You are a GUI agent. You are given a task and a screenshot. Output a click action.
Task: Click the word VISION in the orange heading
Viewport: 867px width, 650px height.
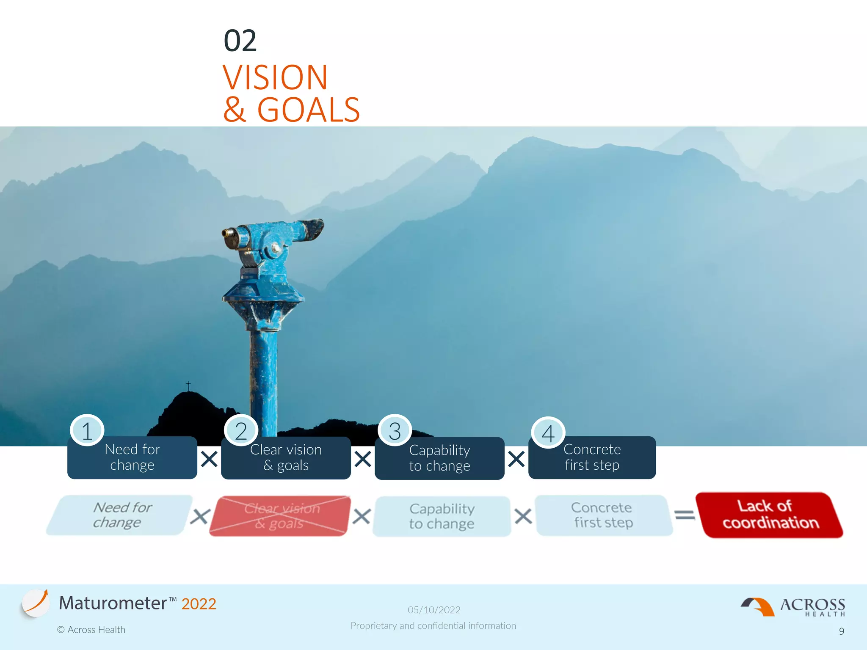(x=275, y=77)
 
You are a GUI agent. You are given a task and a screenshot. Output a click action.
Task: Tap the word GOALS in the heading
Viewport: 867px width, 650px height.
(x=309, y=110)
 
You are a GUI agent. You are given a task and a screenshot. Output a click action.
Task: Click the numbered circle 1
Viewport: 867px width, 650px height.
(x=87, y=431)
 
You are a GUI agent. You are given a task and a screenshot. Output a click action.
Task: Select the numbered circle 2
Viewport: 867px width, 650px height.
(x=241, y=431)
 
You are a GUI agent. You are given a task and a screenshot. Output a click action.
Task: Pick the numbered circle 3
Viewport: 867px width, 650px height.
(x=395, y=431)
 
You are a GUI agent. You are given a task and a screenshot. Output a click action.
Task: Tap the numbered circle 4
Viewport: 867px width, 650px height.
(x=548, y=433)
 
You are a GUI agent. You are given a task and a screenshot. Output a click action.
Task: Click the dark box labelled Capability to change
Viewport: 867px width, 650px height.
(x=439, y=458)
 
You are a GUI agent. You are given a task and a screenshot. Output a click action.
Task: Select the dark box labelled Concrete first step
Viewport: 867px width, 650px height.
(x=592, y=457)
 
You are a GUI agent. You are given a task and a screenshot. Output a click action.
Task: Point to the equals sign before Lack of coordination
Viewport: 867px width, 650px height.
(x=685, y=515)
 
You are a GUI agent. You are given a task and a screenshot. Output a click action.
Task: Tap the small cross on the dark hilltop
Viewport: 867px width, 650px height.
(x=188, y=385)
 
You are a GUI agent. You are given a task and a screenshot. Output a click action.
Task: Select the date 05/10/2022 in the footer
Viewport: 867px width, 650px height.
(x=434, y=610)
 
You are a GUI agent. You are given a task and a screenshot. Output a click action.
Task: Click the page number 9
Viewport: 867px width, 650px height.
(x=842, y=631)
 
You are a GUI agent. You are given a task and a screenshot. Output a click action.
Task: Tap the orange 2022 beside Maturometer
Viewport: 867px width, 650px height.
(x=199, y=604)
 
